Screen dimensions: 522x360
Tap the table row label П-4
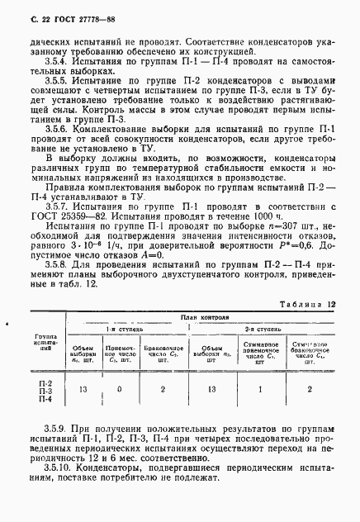pos(46,400)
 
